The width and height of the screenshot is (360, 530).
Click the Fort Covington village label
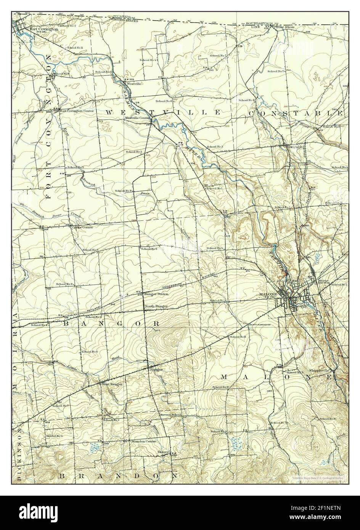(x=44, y=29)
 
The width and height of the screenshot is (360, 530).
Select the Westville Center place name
(x=138, y=118)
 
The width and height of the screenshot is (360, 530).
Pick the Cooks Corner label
(x=84, y=227)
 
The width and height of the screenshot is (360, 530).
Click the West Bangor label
(x=112, y=384)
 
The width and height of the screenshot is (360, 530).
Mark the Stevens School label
(x=170, y=414)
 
